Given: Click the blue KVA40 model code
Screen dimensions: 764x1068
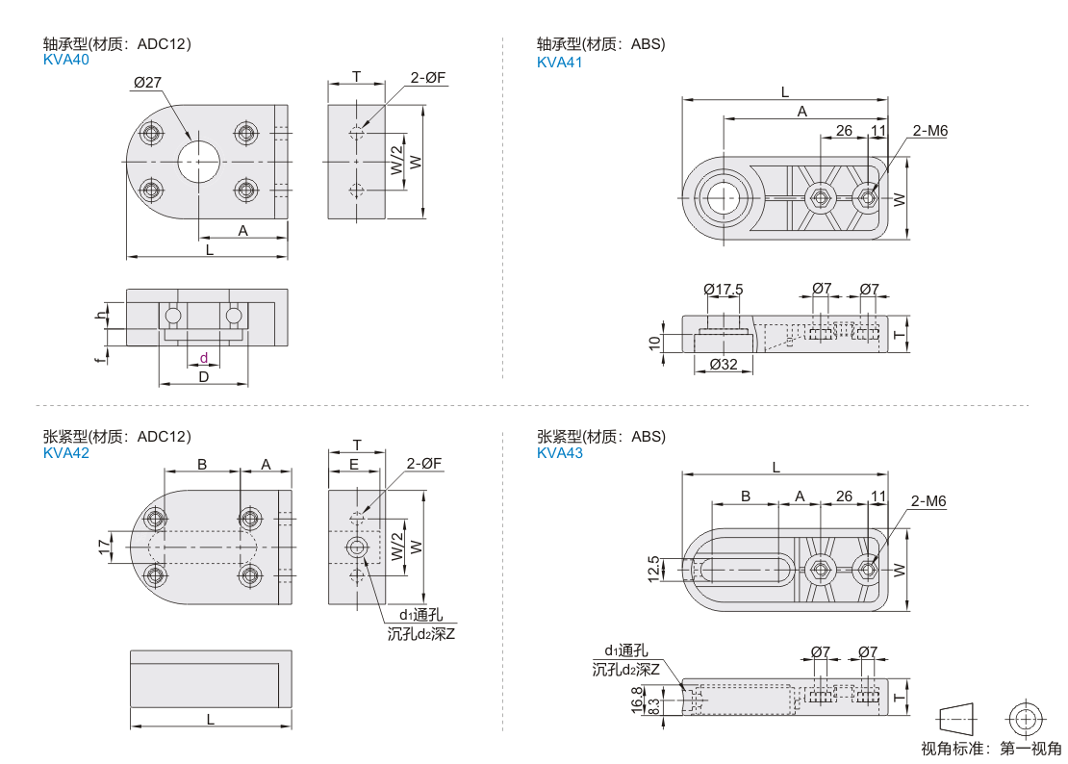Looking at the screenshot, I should [66, 60].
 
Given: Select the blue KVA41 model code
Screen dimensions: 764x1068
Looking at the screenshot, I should [560, 63].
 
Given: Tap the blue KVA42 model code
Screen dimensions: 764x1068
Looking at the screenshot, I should [66, 453].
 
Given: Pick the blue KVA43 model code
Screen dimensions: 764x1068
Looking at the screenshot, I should [560, 453].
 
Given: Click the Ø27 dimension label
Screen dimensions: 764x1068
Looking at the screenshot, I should [147, 83].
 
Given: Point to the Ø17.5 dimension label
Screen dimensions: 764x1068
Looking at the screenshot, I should [724, 289].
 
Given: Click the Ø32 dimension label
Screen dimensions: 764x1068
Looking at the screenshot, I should [724, 364].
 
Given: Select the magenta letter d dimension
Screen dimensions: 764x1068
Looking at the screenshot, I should [203, 358].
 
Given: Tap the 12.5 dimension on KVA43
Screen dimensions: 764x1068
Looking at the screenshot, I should [654, 568].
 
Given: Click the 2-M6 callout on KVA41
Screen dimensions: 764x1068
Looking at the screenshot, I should [929, 130].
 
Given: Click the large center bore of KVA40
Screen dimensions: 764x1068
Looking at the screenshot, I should [199, 162].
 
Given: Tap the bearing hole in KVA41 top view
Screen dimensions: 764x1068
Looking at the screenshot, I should [721, 198].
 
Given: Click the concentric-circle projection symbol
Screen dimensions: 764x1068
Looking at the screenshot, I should [1025, 717].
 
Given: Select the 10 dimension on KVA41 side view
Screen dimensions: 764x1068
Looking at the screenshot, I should [654, 342].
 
